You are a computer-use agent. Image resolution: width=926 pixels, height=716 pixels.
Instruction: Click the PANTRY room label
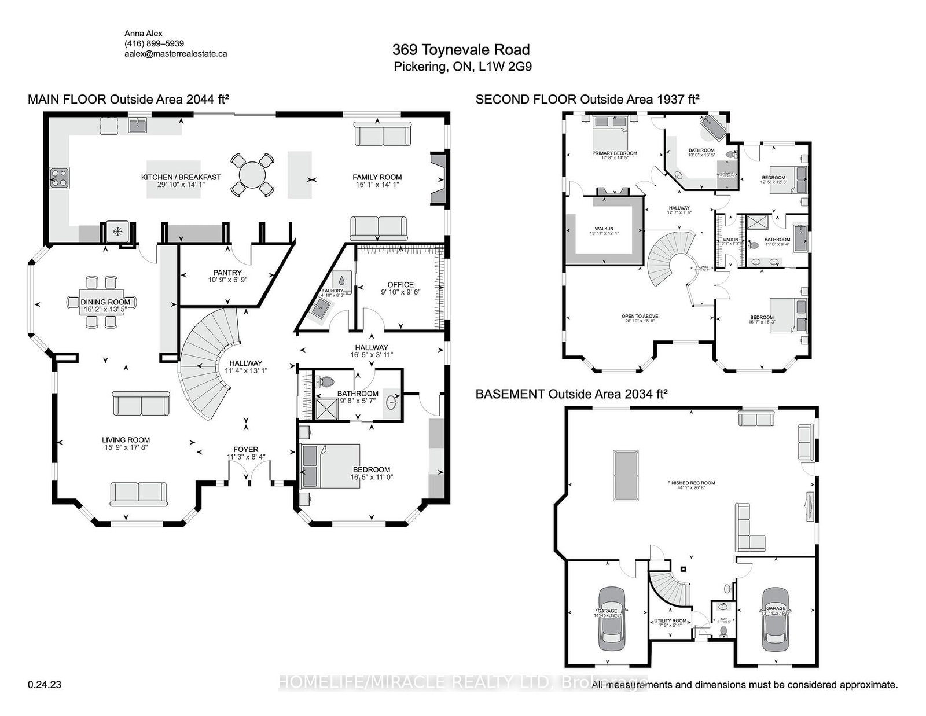click(x=227, y=273)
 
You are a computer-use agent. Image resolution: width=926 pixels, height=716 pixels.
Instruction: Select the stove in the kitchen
click(x=60, y=177)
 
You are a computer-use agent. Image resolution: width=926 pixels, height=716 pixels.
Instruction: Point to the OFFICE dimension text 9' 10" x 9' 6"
click(x=400, y=292)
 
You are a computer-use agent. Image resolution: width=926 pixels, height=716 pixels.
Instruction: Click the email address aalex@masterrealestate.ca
click(x=175, y=53)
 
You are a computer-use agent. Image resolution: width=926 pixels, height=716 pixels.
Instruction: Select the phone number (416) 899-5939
click(x=154, y=43)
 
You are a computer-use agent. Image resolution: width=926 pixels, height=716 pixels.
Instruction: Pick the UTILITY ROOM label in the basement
click(x=670, y=620)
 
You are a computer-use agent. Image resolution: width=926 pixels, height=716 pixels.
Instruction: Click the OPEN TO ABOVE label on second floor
click(x=640, y=316)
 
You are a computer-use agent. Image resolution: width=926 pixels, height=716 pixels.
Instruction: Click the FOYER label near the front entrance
click(x=245, y=449)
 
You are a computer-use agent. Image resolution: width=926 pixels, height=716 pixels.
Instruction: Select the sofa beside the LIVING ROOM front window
click(x=138, y=493)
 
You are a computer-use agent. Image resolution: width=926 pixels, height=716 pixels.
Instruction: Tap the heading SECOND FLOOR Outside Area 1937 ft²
click(x=587, y=100)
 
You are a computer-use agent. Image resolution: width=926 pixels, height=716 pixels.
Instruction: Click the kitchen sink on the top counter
click(x=138, y=125)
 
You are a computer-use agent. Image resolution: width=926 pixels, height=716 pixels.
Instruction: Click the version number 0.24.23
click(x=44, y=685)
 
